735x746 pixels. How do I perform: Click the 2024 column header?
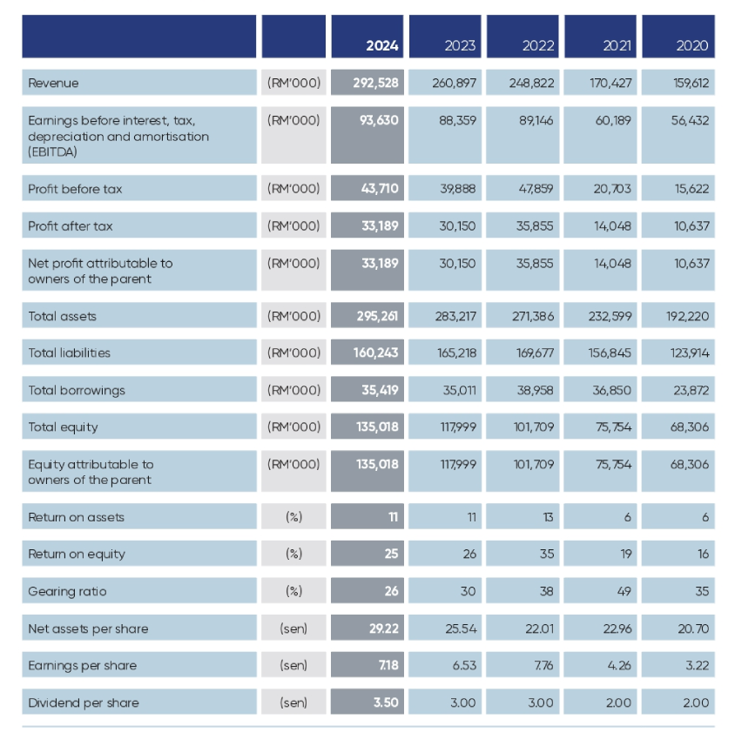tap(381, 45)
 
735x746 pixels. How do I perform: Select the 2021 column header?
tap(617, 45)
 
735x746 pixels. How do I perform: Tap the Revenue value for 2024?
tap(375, 83)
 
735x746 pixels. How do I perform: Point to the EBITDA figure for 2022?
tap(536, 120)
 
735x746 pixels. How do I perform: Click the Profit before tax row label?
tap(75, 189)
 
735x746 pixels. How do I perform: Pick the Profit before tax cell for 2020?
tap(691, 189)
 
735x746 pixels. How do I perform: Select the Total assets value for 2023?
tap(455, 316)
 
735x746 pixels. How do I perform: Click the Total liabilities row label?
tap(69, 353)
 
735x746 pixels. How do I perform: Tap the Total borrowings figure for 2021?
tap(611, 391)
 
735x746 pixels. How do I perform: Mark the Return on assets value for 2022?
tap(548, 517)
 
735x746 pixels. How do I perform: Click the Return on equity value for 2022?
tap(547, 554)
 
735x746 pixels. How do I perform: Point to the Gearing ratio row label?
tap(67, 591)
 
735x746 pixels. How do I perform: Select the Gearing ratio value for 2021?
tap(624, 591)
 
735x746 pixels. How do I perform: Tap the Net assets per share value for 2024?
tap(384, 628)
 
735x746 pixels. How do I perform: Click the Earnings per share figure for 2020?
tap(698, 665)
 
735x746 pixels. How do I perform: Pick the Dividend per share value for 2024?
tap(386, 702)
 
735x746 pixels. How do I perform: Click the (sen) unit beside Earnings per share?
tap(293, 665)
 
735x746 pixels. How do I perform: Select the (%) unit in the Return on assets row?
tap(293, 517)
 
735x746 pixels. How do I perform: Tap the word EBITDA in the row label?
tap(52, 151)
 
